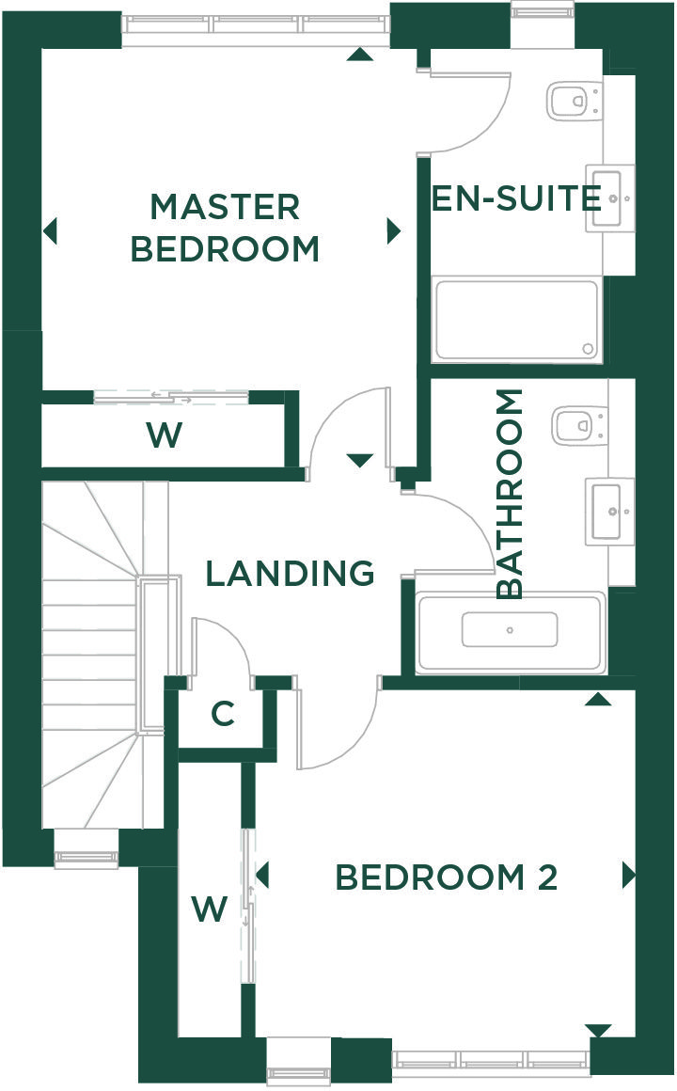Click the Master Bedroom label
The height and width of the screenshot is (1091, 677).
(225, 229)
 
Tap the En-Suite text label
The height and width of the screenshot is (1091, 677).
(516, 198)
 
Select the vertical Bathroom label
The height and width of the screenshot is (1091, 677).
(510, 494)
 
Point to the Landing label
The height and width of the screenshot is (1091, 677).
(291, 574)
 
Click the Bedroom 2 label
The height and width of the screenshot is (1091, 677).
(447, 878)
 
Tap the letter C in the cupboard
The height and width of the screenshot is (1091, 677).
(223, 714)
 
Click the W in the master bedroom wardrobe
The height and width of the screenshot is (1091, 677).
(165, 435)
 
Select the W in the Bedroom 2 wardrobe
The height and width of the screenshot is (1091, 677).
(210, 909)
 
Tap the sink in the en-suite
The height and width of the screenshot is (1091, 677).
(609, 198)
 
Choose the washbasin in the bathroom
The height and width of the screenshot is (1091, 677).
(609, 512)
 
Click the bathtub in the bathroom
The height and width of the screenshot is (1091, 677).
(510, 632)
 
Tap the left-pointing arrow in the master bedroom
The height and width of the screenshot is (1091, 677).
(50, 231)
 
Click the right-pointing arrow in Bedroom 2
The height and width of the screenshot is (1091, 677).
(629, 876)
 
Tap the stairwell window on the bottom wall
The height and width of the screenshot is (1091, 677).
(87, 848)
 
